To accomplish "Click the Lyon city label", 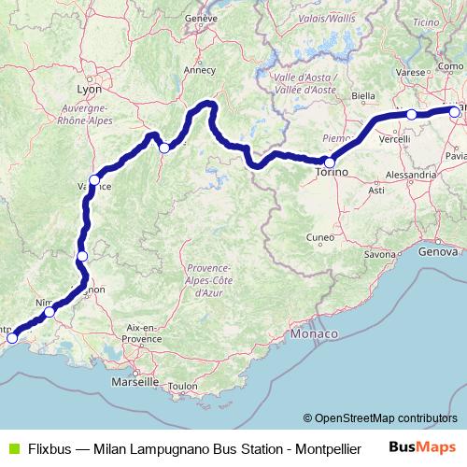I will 87,91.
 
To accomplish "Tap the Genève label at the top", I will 227,18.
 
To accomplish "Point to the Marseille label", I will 133,383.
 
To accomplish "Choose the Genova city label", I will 439,252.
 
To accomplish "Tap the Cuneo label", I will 320,237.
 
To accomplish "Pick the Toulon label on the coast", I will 185,385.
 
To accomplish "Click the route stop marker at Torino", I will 329,163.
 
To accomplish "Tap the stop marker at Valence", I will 94,179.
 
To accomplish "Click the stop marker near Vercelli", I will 411,115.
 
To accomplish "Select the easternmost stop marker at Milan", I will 454,112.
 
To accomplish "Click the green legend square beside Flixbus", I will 11,448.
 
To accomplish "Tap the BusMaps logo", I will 429,447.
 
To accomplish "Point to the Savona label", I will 380,253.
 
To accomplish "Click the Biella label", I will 362,95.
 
